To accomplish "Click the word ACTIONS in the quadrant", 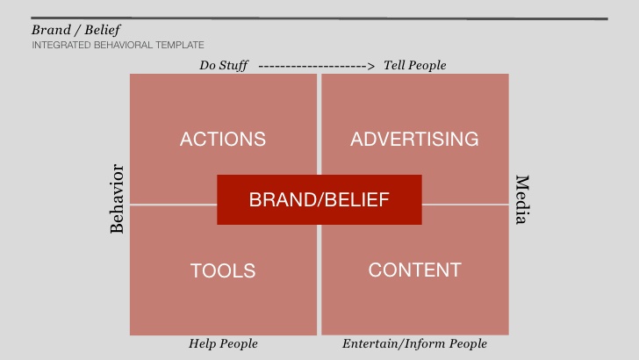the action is (223, 139).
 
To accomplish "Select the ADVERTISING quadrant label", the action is (414, 139).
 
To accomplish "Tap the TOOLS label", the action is (223, 270).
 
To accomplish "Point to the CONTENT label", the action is (415, 270).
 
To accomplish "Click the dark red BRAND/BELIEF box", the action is (319, 200).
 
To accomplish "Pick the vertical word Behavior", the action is (117, 198).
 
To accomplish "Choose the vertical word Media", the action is (522, 200).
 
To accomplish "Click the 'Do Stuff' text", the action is (223, 65).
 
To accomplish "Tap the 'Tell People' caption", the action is (415, 65).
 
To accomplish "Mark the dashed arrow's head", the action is (370, 66).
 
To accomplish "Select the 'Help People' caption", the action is (223, 343).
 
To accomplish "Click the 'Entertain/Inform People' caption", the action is (414, 343).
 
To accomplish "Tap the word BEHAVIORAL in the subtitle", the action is (123, 45).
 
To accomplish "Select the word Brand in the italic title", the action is (51, 30).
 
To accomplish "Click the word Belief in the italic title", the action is (103, 30).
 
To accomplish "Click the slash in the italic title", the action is (78, 30).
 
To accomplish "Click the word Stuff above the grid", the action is (233, 66).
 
